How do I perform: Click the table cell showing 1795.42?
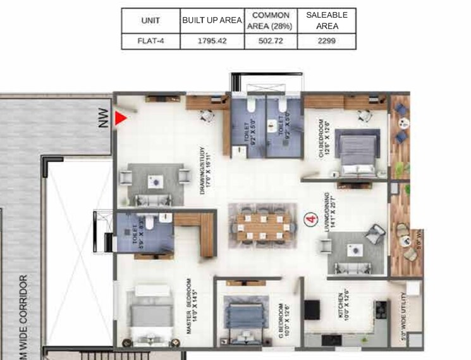tap(211, 40)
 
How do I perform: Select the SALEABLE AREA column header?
tap(326, 20)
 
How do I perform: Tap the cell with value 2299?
tap(326, 40)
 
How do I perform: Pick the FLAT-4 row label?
tap(150, 40)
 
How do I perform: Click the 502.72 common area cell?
tap(271, 40)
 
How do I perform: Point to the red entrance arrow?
tap(121, 118)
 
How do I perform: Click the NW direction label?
tap(104, 120)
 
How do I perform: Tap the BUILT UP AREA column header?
tap(211, 20)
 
